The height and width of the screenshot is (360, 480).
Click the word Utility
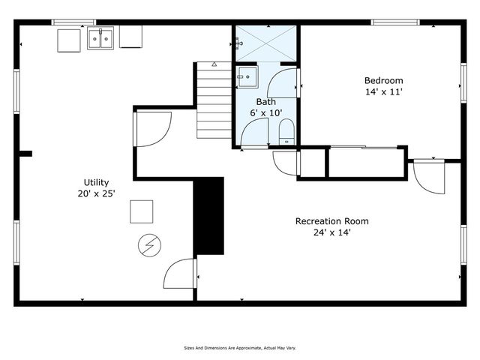[96, 182]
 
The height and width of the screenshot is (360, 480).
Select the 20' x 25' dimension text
[96, 193]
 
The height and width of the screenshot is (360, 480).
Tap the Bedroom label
[383, 81]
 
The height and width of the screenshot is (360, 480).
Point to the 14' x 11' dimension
[383, 92]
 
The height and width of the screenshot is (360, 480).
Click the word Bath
[265, 101]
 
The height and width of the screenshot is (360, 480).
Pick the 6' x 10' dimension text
[265, 112]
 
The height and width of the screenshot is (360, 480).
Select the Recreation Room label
[331, 221]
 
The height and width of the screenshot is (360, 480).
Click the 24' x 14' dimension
[331, 232]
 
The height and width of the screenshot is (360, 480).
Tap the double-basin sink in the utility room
[100, 38]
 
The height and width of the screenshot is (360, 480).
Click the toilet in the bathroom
[286, 136]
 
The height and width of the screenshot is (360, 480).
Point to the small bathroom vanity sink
[246, 76]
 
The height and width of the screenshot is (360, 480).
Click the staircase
[214, 101]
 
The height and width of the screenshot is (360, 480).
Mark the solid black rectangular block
[209, 216]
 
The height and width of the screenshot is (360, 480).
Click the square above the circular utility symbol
[141, 211]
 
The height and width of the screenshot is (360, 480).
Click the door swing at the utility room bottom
[180, 274]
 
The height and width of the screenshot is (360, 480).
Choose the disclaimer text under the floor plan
[239, 348]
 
